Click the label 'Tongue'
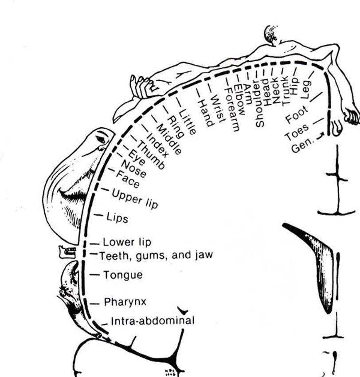coord(123,275)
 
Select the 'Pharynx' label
coord(125,302)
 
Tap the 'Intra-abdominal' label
coord(153,320)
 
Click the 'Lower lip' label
coord(127,242)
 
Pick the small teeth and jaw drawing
coord(67,252)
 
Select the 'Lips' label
coord(117,218)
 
